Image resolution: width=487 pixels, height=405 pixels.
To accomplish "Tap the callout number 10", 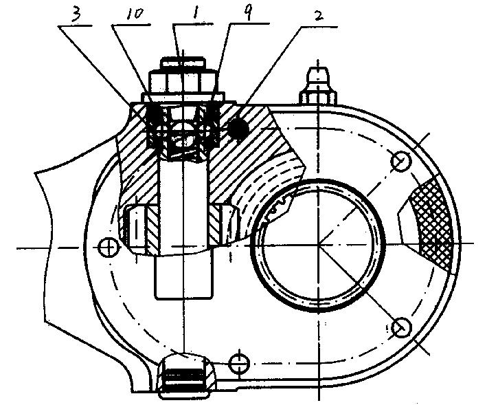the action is click(135, 14).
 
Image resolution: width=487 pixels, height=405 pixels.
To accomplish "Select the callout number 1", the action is click(195, 13).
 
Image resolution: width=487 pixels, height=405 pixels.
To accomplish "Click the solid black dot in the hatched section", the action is click(238, 128).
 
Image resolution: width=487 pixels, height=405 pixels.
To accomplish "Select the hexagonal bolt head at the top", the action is click(182, 82).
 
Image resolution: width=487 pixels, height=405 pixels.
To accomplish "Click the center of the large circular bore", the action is click(318, 244).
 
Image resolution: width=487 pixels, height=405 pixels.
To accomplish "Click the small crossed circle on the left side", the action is click(109, 248).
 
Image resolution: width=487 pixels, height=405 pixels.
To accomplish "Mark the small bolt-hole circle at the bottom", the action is click(239, 363).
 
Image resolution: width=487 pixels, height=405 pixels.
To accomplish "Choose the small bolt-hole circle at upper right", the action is click(401, 161).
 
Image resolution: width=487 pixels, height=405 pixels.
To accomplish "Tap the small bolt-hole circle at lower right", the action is click(401, 327).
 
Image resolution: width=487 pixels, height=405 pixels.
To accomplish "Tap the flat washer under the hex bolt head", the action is click(183, 97).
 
